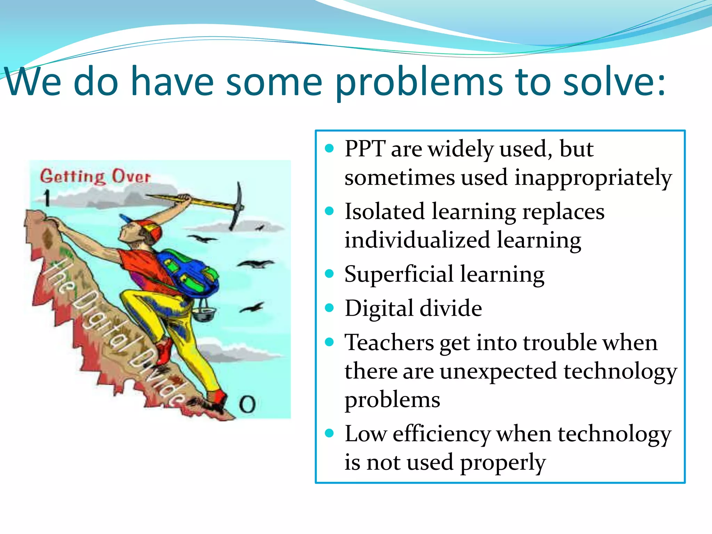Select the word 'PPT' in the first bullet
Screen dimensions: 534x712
coord(365,149)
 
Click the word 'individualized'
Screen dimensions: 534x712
coord(417,240)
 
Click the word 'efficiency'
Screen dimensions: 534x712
coord(442,434)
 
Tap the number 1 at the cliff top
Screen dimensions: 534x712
coord(47,198)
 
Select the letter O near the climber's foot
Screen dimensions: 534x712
coord(247,404)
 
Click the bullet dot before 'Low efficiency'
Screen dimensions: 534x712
coord(329,433)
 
